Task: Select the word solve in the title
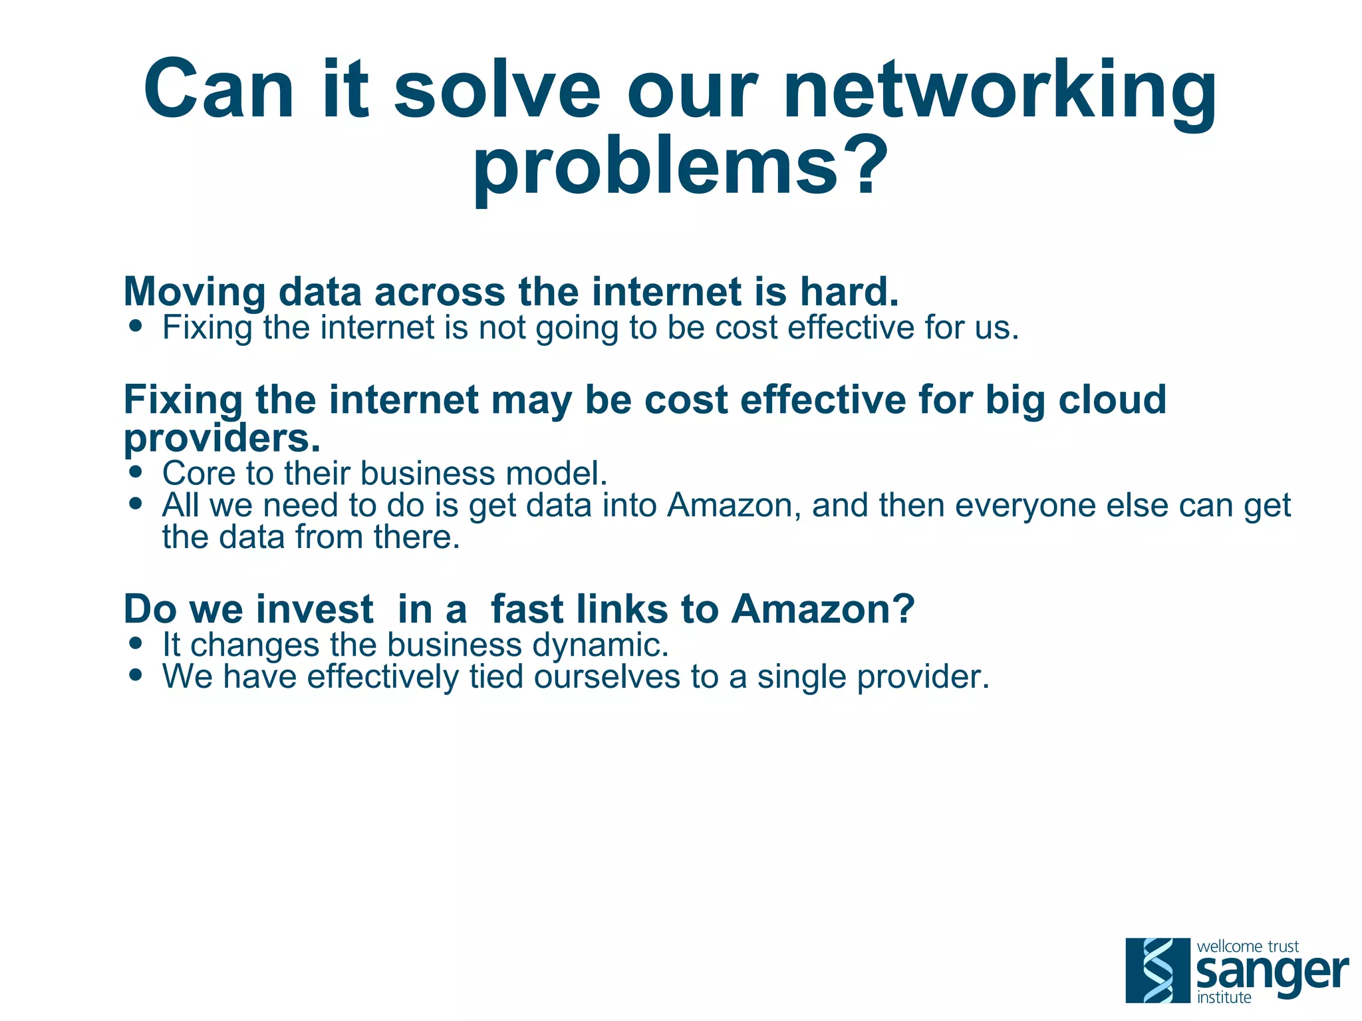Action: [x=497, y=90]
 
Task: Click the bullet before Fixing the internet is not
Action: [x=136, y=327]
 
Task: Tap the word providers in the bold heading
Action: [x=221, y=438]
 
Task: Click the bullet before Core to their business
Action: [x=136, y=472]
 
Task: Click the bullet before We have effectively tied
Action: [x=136, y=676]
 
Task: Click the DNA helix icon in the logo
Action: [x=1157, y=970]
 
